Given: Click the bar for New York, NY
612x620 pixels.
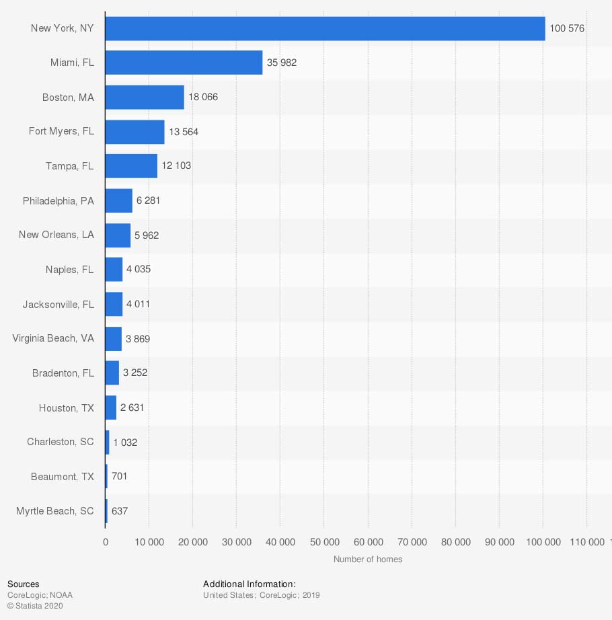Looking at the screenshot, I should tap(325, 28).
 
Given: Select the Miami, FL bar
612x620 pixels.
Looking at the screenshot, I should tap(184, 63).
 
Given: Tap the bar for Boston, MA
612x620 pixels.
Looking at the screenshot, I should tap(145, 97).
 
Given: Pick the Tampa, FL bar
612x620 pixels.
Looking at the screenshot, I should tap(131, 166).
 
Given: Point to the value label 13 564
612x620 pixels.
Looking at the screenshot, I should tap(184, 132).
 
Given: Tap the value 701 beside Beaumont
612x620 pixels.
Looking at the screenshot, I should tap(120, 476).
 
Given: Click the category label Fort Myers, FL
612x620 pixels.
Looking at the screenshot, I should tap(61, 132).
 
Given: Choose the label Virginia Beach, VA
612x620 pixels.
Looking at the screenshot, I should tap(53, 338).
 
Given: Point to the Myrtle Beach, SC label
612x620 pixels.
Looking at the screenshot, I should tap(55, 511).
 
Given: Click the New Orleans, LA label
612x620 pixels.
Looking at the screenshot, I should tap(56, 235).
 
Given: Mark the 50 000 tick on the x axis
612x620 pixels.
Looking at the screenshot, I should tap(324, 543).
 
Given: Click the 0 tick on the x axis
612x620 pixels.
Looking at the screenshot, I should tap(106, 543).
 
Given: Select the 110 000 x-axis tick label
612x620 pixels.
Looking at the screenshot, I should tap(587, 543).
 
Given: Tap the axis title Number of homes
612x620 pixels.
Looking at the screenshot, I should tap(368, 559).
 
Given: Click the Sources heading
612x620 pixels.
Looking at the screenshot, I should tap(24, 584).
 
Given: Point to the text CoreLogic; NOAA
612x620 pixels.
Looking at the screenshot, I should tap(40, 595).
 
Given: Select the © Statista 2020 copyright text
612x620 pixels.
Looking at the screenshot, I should tap(35, 606).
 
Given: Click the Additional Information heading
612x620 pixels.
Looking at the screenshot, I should tap(250, 584).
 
